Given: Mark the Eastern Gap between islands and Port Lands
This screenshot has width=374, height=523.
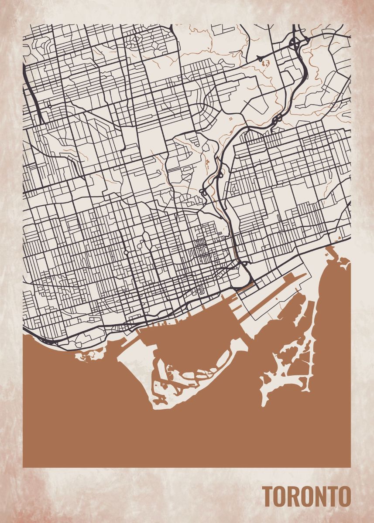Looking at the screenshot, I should click(x=249, y=336).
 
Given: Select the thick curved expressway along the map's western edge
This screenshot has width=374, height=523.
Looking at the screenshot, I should click(x=33, y=94).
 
